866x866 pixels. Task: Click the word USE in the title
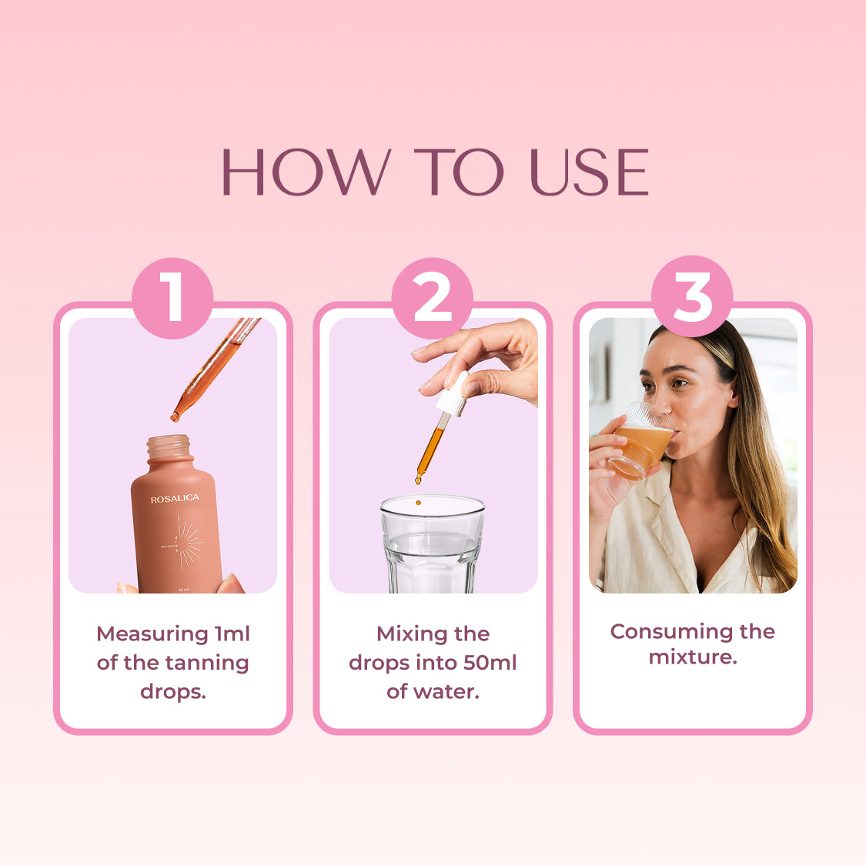589,172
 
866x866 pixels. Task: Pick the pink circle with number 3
691,296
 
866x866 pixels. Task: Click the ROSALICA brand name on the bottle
175,499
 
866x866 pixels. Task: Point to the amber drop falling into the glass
417,503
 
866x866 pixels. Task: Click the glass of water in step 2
432,547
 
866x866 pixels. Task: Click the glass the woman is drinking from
639,443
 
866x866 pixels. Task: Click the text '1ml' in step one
232,634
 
